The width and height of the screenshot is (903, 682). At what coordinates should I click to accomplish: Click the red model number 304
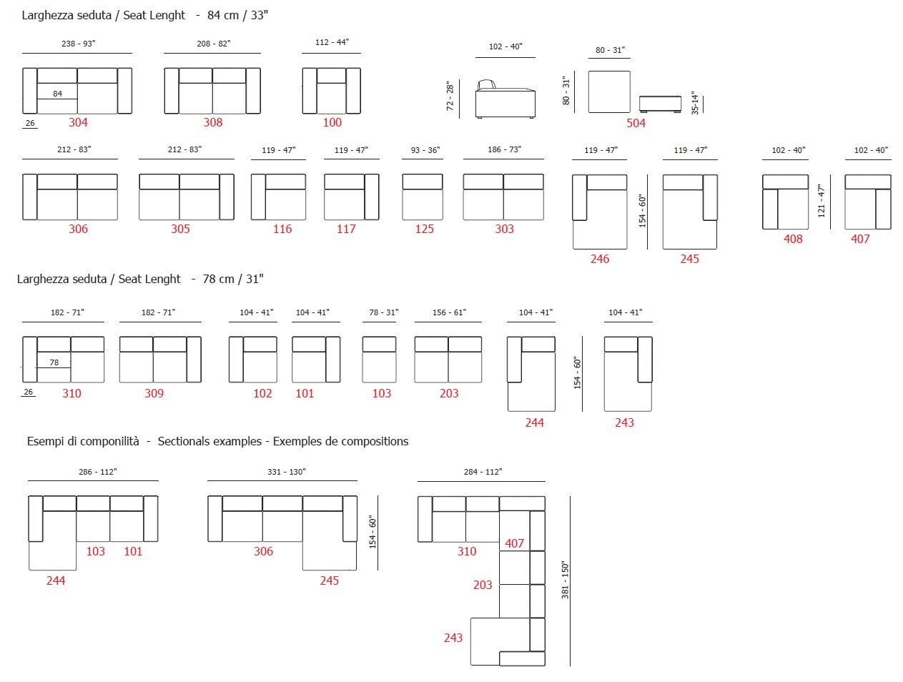(x=78, y=122)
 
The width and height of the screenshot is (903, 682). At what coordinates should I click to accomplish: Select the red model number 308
(x=212, y=122)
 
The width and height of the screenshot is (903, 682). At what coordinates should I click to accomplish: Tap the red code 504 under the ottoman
(x=636, y=123)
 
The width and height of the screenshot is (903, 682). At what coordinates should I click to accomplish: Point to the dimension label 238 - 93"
(x=78, y=44)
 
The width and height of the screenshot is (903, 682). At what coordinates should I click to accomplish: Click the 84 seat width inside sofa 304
(x=58, y=94)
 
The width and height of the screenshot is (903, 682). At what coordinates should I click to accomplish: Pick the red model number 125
(x=424, y=229)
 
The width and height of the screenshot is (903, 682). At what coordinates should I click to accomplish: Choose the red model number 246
(x=600, y=259)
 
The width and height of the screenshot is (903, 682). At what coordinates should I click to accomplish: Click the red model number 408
(x=793, y=239)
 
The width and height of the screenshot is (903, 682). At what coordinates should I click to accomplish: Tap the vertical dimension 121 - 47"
(x=821, y=201)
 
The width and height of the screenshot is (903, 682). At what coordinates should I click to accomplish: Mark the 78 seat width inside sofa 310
(x=54, y=362)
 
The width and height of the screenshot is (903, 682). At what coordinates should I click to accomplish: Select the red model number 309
(x=154, y=393)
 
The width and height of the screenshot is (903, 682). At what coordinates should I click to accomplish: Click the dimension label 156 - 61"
(x=449, y=312)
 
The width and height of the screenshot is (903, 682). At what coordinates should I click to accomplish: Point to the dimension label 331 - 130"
(x=286, y=472)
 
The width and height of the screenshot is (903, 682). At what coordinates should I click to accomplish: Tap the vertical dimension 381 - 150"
(x=565, y=580)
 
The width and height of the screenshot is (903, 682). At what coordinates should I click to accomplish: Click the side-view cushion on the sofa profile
(x=487, y=84)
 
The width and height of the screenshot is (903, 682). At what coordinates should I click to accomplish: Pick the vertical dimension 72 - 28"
(x=450, y=96)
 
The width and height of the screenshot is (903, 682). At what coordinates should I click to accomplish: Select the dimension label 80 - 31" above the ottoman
(x=610, y=50)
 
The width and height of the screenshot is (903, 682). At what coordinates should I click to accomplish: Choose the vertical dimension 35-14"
(x=695, y=103)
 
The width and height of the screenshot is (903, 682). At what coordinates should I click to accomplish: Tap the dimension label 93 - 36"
(x=425, y=150)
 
